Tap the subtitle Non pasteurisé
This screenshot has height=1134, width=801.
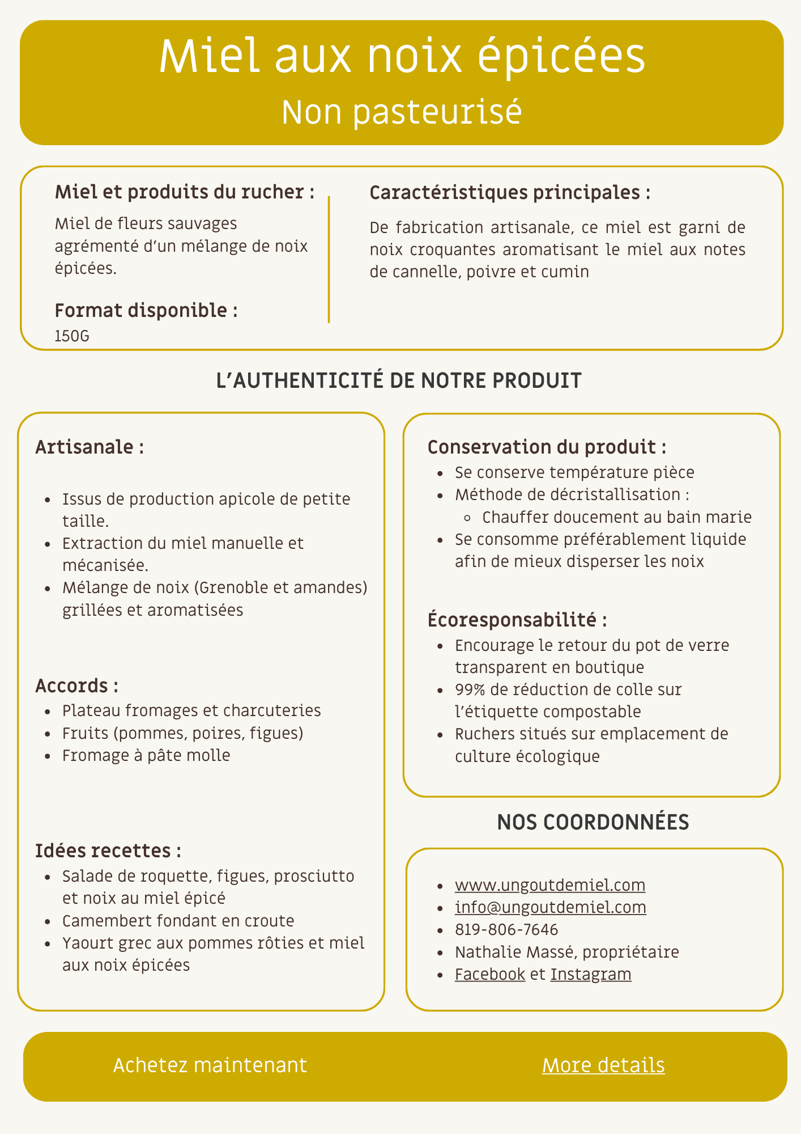click(x=401, y=112)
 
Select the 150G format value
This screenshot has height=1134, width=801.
click(x=72, y=336)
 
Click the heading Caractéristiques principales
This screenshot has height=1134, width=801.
click(x=509, y=193)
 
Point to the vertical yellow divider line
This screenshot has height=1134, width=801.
click(x=329, y=259)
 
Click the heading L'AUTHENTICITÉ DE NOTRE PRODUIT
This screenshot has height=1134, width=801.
click(x=399, y=380)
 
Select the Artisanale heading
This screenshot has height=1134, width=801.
click(x=89, y=447)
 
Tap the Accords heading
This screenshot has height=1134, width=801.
click(x=76, y=686)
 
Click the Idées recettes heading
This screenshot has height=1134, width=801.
click(x=108, y=850)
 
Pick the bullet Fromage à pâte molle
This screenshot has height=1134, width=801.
click(x=146, y=755)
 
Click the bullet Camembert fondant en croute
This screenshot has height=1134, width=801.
click(x=178, y=920)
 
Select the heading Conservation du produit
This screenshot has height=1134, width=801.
click(x=547, y=447)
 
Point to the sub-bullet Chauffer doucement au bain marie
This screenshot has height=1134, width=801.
click(x=617, y=517)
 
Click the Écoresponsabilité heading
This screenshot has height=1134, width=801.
click(x=517, y=620)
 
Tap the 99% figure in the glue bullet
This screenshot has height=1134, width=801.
click(x=469, y=689)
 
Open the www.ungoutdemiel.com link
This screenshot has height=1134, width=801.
click(x=550, y=885)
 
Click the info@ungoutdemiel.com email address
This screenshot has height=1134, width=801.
click(x=550, y=907)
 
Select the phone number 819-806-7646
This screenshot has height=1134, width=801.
click(x=506, y=929)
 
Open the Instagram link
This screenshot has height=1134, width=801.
click(x=591, y=974)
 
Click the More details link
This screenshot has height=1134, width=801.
click(x=603, y=1065)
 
